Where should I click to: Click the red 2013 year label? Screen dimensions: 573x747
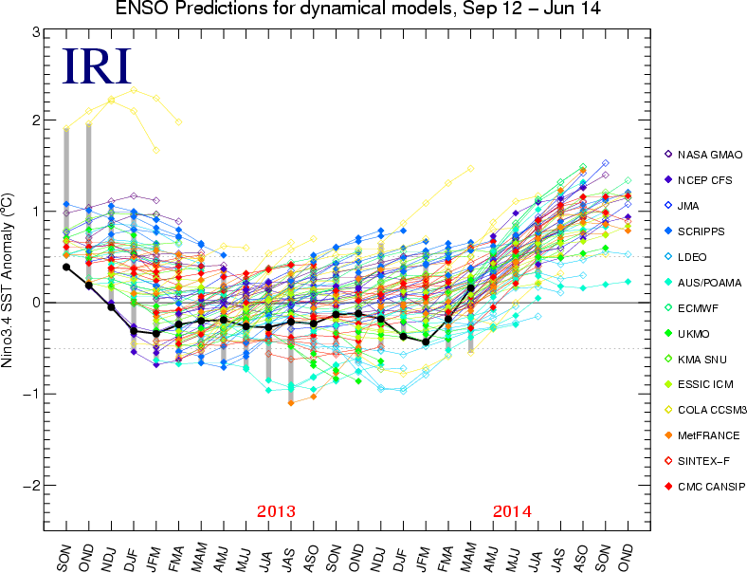[x=276, y=511]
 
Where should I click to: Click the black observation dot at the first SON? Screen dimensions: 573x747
[x=66, y=267]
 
